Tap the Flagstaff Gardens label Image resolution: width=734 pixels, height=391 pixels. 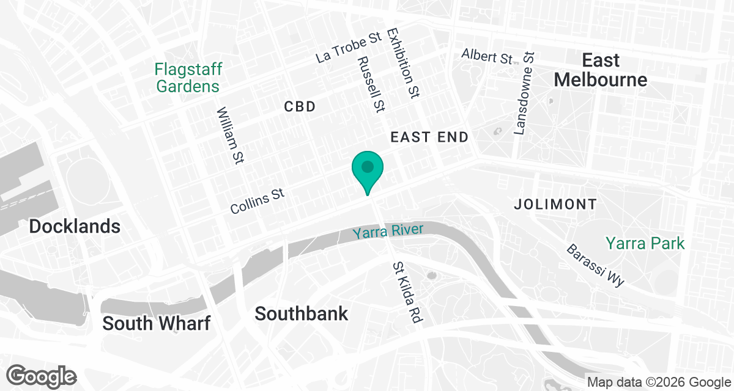point(188,78)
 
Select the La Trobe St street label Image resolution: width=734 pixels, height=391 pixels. point(349,49)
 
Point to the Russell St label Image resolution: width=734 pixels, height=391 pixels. point(371,84)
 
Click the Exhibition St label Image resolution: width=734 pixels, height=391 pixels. point(403,64)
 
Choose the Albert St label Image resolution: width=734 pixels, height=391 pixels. point(487,56)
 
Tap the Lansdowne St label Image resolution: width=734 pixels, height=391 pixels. point(525,93)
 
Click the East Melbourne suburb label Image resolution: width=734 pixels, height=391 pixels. point(601,70)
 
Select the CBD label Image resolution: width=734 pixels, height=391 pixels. point(300,107)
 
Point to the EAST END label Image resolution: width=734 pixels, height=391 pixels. point(429,137)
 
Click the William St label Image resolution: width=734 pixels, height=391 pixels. point(230,136)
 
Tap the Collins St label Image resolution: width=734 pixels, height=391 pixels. point(258,201)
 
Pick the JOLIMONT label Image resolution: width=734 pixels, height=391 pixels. point(555,204)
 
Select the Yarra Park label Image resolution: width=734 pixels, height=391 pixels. point(645,243)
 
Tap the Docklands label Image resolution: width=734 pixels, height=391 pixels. point(75,227)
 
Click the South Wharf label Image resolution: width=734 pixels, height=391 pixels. point(156,323)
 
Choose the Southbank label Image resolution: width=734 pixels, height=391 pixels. point(301,313)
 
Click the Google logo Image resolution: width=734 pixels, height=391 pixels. point(42,376)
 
